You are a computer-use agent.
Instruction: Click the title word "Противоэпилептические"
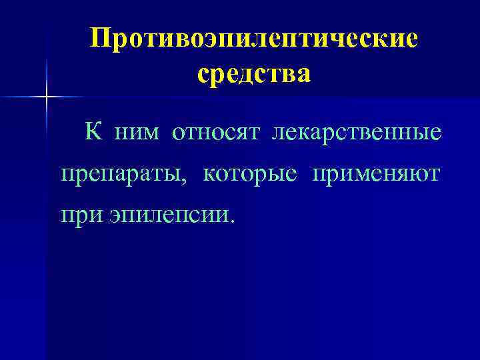click(x=255, y=38)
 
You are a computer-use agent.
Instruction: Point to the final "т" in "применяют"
click(x=434, y=175)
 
